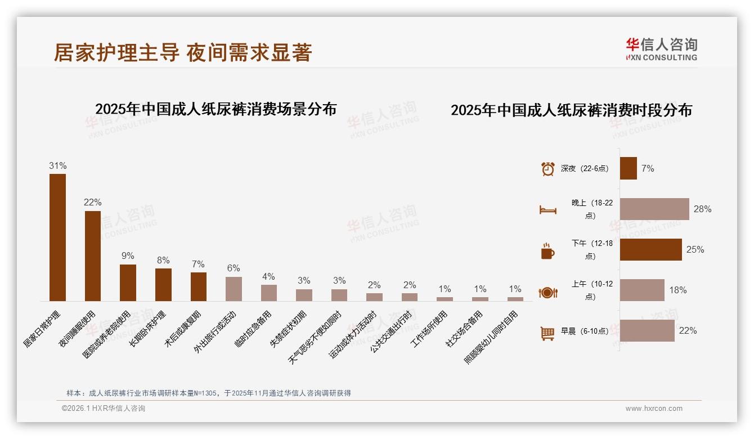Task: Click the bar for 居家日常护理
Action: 57,238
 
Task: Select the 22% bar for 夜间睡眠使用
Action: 93,256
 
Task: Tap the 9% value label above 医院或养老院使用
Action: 128,256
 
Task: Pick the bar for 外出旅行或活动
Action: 234,289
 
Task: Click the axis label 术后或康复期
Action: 183,328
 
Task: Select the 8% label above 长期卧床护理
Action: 163,260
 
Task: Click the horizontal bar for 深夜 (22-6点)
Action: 629,168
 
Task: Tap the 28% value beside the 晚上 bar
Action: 702,209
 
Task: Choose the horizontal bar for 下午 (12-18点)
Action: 651,249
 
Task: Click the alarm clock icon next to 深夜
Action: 547,169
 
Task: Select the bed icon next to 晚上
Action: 547,210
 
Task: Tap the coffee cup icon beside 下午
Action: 547,251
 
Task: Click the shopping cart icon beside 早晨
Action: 547,333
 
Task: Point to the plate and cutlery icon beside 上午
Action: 547,292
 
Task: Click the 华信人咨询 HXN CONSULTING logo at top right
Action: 662,49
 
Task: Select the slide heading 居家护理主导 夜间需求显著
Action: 183,52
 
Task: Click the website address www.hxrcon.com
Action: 654,409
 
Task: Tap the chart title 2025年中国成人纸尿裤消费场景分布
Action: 216,109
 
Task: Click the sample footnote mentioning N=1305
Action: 209,393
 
